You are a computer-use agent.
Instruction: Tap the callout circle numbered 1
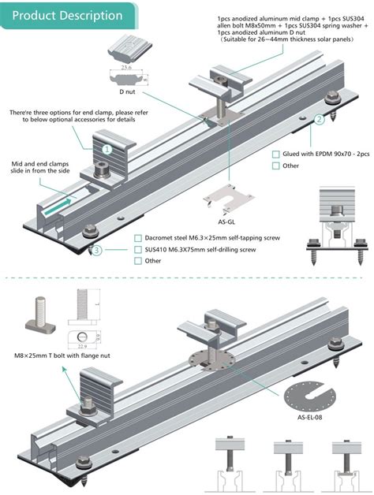click(x=107, y=147)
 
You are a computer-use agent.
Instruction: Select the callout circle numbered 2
click(x=319, y=120)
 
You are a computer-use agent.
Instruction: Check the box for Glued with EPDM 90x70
click(x=275, y=154)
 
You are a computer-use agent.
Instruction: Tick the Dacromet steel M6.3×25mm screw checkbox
click(x=138, y=238)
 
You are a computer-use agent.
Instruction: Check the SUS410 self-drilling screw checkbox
click(x=138, y=250)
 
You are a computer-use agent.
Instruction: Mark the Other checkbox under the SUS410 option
click(x=138, y=261)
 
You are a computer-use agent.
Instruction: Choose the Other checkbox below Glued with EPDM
click(x=275, y=166)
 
